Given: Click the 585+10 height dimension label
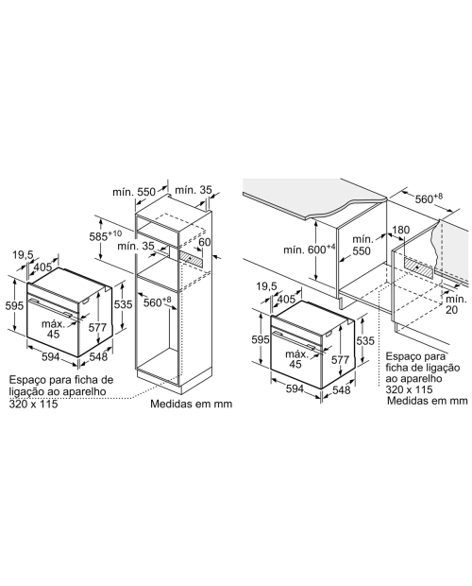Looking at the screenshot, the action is coord(105,236).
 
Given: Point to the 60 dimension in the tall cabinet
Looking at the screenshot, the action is coord(204,242).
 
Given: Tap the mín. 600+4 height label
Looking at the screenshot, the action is coord(310,249).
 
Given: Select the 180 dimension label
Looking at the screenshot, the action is coord(401,230).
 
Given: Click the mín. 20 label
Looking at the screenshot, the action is coord(454,304).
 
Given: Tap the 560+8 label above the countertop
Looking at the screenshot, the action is coord(429,198).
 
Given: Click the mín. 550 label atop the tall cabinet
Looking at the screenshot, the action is coord(134,192).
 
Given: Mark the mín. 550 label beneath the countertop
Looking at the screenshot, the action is coord(362,245).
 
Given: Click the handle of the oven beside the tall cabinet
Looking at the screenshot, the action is coord(55,308).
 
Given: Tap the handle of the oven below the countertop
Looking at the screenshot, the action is coord(297,340).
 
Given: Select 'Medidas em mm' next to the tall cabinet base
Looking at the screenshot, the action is coord(191,404).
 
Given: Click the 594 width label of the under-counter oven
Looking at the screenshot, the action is coord(295,388).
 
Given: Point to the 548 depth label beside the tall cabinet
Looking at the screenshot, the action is coord(98,357).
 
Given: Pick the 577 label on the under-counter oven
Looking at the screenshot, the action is coord(340,359).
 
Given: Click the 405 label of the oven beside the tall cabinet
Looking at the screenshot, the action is coord(42,267).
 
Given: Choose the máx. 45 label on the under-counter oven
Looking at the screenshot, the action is coord(296,359).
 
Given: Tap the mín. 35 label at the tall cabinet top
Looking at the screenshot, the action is coord(193,190).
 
